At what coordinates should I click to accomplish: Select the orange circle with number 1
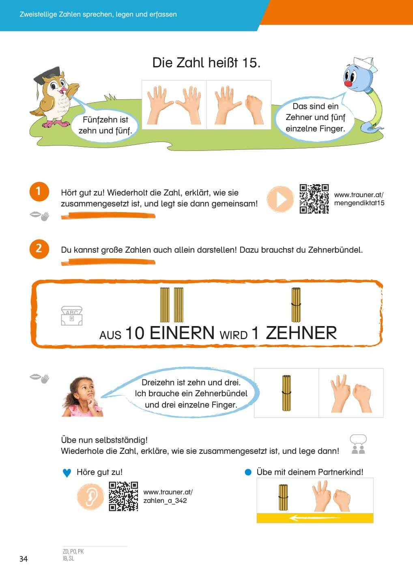(x=39, y=191)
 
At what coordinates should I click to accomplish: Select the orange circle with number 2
(x=39, y=249)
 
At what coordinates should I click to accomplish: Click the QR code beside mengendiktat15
(x=314, y=199)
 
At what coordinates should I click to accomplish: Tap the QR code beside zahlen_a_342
(x=123, y=496)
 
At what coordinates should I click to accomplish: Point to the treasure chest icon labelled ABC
(x=72, y=316)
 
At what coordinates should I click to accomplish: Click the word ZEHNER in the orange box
(x=301, y=333)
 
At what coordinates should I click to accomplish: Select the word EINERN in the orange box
(x=182, y=333)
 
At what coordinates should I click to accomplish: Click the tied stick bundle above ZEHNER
(x=296, y=305)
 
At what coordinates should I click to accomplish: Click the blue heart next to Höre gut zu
(x=67, y=473)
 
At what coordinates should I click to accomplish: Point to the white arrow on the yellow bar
(x=315, y=518)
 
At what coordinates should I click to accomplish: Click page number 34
(x=24, y=559)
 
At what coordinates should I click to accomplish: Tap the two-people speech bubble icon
(x=358, y=444)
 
